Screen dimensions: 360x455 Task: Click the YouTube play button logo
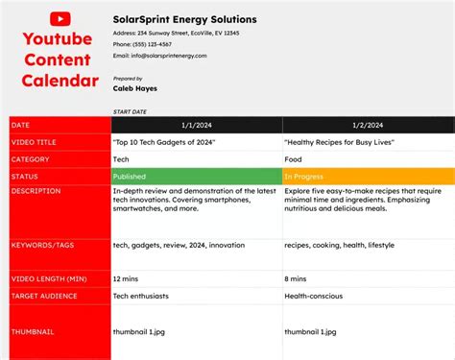click(x=59, y=18)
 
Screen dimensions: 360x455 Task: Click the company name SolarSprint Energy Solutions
click(x=184, y=19)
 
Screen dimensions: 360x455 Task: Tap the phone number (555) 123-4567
click(x=143, y=44)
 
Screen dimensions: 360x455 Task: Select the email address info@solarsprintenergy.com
click(x=159, y=56)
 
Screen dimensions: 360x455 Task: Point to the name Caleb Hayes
click(x=135, y=88)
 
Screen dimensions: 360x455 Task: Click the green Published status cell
click(x=196, y=177)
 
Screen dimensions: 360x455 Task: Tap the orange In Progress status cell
click(x=369, y=177)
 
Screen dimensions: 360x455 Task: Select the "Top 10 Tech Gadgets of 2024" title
click(x=164, y=142)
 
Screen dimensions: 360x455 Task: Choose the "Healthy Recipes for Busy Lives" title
click(x=340, y=142)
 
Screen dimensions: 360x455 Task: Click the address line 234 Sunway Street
click(x=176, y=33)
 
